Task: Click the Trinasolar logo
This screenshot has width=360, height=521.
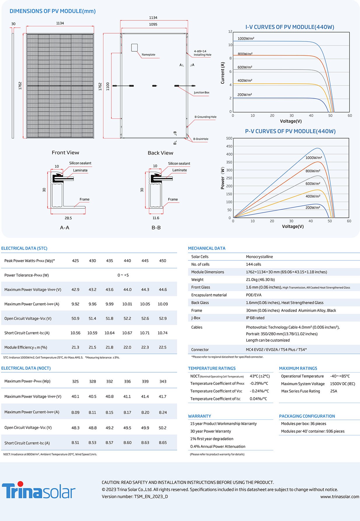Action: tap(39, 490)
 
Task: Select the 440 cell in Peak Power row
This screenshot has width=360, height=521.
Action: tap(127, 261)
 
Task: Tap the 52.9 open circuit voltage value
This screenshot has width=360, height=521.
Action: tap(163, 318)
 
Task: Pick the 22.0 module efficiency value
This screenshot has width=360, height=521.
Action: tap(127, 347)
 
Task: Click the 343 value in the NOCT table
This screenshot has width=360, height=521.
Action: tap(163, 381)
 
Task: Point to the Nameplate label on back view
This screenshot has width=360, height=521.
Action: tap(148, 55)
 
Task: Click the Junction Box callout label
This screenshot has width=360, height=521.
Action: tap(202, 92)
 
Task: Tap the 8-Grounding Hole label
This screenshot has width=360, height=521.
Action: tap(206, 117)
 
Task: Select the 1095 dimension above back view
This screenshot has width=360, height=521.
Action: tap(153, 24)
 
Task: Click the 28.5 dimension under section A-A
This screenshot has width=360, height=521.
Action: tap(68, 218)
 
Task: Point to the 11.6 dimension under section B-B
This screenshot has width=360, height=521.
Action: tap(156, 218)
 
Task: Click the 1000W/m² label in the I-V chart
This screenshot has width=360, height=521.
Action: tap(246, 38)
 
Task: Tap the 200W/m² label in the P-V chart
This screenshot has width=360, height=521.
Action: tap(313, 208)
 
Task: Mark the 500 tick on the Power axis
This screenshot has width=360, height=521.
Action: tap(229, 138)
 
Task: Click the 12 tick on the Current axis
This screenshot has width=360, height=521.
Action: tap(230, 31)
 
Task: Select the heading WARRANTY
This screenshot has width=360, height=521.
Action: tap(200, 416)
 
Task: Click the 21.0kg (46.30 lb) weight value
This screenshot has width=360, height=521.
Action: tap(260, 280)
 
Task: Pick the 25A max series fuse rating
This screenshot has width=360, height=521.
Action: tap(334, 391)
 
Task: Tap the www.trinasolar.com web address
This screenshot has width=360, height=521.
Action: tap(340, 497)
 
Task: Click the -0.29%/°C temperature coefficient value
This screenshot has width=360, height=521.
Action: tap(259, 384)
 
